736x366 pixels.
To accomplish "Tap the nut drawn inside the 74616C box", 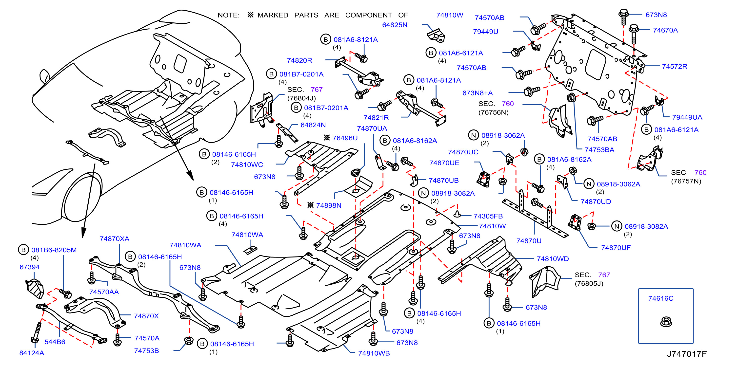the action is (x=666, y=322).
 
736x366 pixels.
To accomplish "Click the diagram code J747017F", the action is (x=687, y=354).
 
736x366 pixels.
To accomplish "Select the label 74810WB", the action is (x=374, y=353).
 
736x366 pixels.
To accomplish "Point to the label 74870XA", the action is (x=114, y=239).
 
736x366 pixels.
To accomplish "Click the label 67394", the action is (x=29, y=267).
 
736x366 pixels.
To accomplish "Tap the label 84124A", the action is (x=32, y=353).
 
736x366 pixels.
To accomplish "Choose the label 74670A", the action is (x=665, y=30).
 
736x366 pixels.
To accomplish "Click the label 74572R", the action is (x=675, y=67).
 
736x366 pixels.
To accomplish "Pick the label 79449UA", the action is (x=687, y=117).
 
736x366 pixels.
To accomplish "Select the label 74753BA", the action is (x=599, y=150).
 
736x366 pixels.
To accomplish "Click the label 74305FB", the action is (x=488, y=216).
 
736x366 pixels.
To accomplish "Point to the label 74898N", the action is (x=329, y=205).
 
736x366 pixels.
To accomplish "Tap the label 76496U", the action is (x=345, y=138).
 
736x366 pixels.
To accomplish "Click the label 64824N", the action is (x=313, y=125).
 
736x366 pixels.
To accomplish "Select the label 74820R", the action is (x=299, y=60).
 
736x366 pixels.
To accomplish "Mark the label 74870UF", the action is (x=616, y=248).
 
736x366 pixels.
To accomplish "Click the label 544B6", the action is (x=55, y=342).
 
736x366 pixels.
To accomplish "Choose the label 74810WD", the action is (x=553, y=259).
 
